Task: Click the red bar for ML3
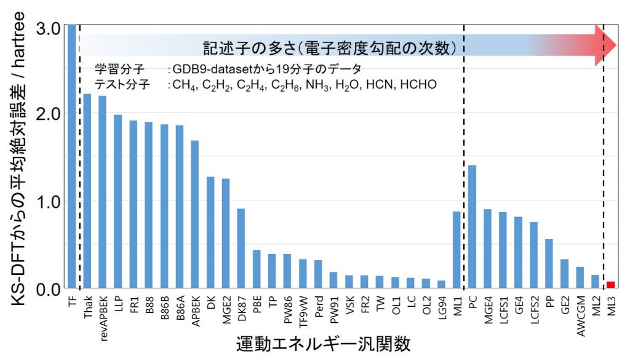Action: coord(610,284)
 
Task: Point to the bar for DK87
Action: coord(241,248)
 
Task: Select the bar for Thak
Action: coord(87,191)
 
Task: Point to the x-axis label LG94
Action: coord(441,305)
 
